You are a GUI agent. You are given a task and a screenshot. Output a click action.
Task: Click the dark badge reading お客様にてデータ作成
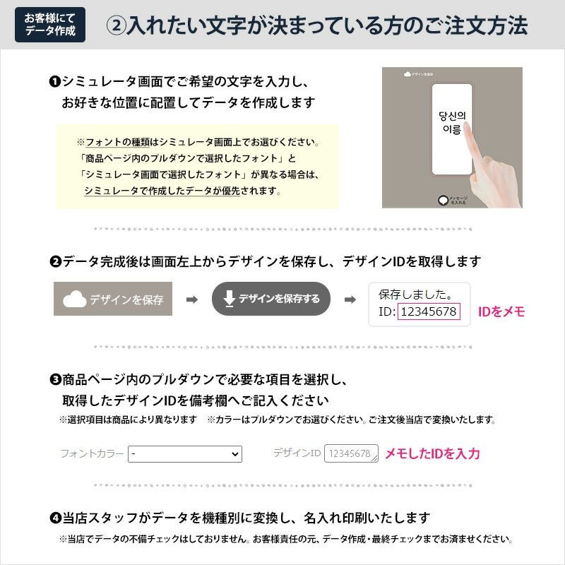tap(49, 25)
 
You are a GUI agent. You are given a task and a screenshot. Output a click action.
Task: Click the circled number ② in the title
tap(116, 26)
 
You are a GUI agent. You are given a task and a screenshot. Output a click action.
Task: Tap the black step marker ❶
tap(55, 82)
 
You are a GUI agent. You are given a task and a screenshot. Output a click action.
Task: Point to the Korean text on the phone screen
tap(450, 123)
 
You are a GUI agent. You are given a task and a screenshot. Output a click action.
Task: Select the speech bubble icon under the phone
tap(443, 201)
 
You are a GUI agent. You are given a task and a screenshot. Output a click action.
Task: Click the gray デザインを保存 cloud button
tap(113, 299)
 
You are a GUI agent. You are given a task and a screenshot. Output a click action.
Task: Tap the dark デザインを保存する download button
tap(271, 299)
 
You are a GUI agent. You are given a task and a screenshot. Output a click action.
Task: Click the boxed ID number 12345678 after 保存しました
tap(429, 311)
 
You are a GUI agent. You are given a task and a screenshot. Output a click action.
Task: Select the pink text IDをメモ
tap(501, 311)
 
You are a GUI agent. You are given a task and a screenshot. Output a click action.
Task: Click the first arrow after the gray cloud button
tap(191, 299)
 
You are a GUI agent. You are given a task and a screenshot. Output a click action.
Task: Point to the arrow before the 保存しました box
tap(350, 299)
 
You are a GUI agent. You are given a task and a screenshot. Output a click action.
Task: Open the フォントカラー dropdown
tap(185, 453)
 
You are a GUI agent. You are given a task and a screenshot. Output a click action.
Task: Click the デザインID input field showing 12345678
tap(351, 453)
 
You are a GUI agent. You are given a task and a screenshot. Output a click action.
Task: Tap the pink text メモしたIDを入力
tap(432, 453)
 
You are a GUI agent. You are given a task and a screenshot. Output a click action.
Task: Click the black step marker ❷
tap(55, 262)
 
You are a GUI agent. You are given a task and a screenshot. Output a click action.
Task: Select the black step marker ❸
tap(55, 380)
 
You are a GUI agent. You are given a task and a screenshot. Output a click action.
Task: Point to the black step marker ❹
tap(55, 518)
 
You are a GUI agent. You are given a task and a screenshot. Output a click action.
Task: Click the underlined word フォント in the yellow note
tap(103, 142)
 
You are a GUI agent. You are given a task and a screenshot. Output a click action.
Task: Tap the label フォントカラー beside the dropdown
tap(92, 453)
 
